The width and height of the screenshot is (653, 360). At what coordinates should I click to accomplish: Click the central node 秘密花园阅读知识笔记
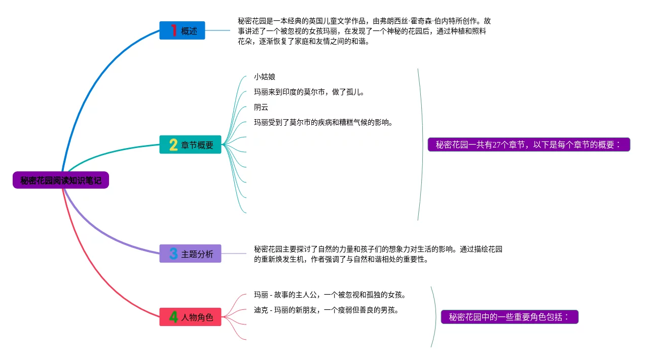61,180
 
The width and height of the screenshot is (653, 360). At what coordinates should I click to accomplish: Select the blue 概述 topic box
182,30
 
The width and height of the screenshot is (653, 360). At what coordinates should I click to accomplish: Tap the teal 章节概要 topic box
190,145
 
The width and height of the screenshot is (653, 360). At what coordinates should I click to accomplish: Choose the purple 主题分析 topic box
190,254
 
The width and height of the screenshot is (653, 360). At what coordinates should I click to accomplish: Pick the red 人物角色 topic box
190,317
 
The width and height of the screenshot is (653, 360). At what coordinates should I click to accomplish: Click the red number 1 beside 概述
173,30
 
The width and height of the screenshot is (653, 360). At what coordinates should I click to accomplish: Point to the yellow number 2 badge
173,145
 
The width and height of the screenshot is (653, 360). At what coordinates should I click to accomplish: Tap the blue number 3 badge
173,254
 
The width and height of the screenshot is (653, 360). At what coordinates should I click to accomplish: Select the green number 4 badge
173,317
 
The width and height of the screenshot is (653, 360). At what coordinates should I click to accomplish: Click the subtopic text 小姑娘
265,77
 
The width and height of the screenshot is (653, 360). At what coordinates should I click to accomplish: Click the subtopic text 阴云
261,107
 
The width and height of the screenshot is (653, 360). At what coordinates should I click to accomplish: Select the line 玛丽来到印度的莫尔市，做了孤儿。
309,92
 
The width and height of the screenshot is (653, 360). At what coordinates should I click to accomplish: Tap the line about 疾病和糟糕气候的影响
323,122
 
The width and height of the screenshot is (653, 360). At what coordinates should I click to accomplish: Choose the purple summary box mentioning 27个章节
529,145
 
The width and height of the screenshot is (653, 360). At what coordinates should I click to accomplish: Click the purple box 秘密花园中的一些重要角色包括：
510,317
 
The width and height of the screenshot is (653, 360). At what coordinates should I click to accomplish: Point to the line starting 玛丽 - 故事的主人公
330,295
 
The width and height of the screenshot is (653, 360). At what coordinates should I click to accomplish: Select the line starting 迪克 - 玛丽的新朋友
326,310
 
